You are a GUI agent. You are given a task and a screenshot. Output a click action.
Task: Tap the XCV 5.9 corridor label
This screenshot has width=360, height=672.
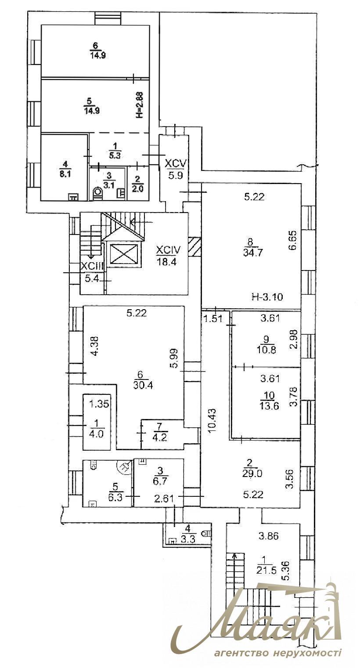point(176,169)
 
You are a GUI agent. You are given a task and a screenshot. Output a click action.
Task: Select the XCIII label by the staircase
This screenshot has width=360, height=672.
point(91,266)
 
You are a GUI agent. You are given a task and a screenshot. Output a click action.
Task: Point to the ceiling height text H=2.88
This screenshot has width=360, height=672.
point(140,105)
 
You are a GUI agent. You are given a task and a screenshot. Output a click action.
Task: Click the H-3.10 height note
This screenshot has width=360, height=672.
point(267,297)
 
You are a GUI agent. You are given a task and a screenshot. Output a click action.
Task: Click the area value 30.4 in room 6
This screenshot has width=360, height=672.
point(141,385)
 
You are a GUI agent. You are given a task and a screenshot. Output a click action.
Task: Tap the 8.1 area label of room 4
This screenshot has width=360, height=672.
point(65,172)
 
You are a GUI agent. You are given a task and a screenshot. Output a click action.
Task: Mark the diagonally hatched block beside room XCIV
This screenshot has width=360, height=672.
point(194,246)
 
